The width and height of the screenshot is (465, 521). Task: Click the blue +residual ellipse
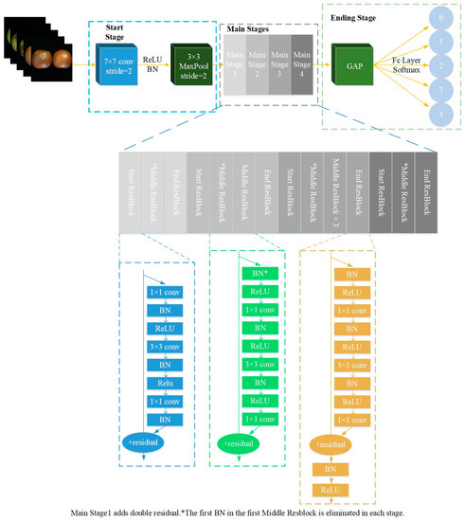(x=147, y=442)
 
